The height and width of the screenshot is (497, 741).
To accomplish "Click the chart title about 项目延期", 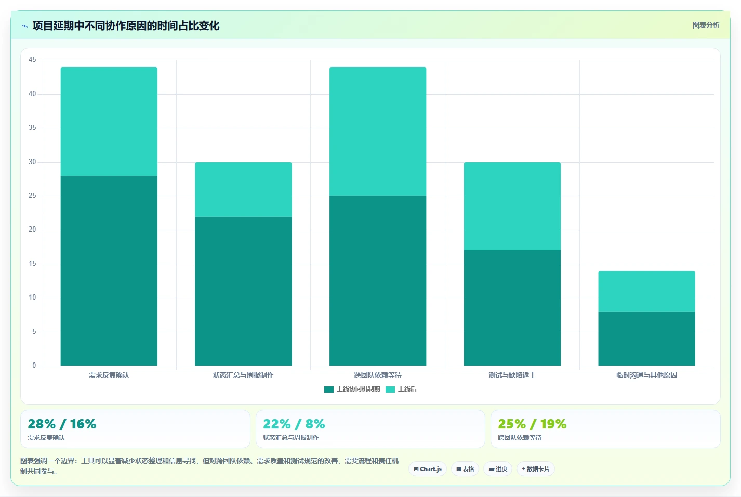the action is [x=126, y=26].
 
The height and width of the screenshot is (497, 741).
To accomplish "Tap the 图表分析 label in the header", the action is [x=706, y=25].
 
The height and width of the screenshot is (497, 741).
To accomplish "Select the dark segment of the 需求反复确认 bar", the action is [x=109, y=271].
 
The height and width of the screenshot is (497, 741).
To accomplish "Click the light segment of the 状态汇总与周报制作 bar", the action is [x=243, y=189].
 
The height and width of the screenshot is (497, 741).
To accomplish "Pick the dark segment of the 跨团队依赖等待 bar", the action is [x=378, y=281].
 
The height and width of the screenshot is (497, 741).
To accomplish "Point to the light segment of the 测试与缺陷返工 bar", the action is [x=512, y=206].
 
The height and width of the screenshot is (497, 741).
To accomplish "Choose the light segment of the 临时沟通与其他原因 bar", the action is [x=647, y=291].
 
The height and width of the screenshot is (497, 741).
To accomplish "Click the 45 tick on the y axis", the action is [x=32, y=60].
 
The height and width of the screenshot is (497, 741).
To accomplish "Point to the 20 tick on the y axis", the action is [x=32, y=229].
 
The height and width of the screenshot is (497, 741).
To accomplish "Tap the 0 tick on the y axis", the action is [x=34, y=366].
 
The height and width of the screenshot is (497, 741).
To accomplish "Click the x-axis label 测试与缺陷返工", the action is [x=512, y=375].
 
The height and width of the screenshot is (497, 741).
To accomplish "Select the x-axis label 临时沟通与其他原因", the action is [x=647, y=375].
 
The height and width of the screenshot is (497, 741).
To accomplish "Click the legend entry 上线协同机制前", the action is [x=352, y=389].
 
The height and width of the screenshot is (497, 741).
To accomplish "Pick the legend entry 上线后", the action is [x=401, y=389].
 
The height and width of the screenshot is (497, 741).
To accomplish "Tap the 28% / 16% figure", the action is [x=62, y=424].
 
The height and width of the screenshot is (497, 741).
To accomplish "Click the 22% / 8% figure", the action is [x=294, y=424].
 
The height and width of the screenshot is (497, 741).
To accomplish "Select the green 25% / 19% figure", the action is [x=532, y=424].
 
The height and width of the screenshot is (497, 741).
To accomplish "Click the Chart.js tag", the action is [x=427, y=469].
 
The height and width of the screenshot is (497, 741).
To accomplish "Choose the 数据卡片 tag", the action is [x=535, y=469].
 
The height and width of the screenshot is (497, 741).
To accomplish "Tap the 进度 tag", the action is [x=497, y=469].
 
